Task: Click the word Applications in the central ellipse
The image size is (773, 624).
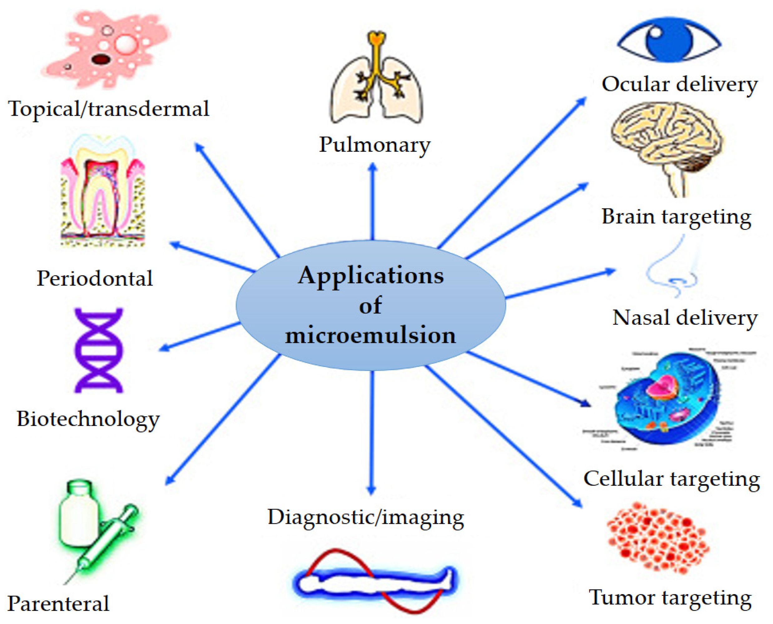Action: click(x=371, y=276)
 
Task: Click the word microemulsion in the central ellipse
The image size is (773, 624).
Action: click(x=371, y=335)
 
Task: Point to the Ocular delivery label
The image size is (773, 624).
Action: click(x=679, y=85)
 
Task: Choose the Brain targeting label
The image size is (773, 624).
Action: click(x=676, y=217)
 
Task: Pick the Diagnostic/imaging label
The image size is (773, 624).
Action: click(x=366, y=518)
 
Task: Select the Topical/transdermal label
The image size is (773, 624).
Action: click(x=108, y=109)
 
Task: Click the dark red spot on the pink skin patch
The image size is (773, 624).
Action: click(x=101, y=59)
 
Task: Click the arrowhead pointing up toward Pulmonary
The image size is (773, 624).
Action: click(x=373, y=167)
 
